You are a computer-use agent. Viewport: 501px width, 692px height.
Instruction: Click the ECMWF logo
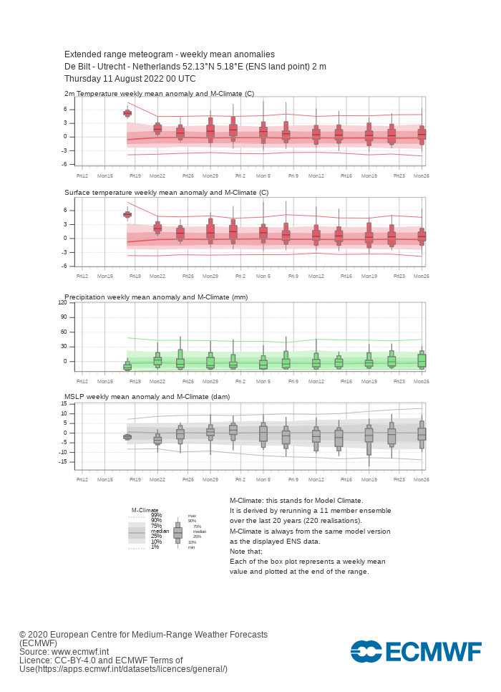point(416,651)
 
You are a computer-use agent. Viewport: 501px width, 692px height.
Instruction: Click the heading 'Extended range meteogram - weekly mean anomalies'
point(170,54)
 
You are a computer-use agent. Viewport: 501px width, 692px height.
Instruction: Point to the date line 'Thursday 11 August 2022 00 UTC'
point(130,79)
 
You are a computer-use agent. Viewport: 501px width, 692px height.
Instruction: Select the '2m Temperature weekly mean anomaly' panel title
point(159,94)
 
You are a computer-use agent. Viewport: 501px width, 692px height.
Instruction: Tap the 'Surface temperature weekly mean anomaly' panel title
point(166,193)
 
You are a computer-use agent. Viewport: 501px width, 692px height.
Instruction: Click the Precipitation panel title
point(156,297)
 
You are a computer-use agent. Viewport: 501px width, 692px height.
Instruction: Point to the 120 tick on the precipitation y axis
point(62,303)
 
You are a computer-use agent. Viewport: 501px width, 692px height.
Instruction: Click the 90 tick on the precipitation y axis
point(64,317)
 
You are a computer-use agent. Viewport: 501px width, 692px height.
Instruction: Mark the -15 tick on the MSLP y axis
point(63,461)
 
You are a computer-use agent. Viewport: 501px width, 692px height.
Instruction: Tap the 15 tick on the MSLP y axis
point(64,404)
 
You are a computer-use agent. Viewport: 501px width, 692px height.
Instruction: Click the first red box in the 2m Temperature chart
point(127,112)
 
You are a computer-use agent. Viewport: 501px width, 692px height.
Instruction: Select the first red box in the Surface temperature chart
point(127,214)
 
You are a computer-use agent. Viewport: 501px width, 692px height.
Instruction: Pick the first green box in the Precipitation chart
point(127,366)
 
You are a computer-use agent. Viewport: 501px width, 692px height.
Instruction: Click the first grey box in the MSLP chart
point(127,437)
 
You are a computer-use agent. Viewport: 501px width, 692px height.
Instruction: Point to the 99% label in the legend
point(156,515)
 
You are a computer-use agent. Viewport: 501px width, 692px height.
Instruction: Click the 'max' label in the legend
point(192,516)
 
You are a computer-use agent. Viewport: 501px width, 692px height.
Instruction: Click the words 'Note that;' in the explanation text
point(246,551)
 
